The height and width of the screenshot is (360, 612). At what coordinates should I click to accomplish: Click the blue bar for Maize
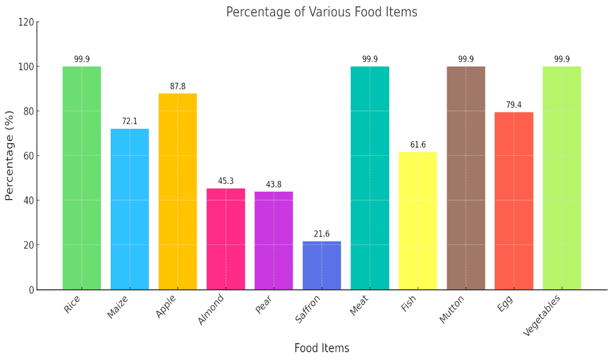click(x=130, y=209)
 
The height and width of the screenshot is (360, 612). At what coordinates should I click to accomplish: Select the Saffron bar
click(x=322, y=265)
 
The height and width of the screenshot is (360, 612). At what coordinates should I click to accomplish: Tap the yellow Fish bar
click(x=418, y=221)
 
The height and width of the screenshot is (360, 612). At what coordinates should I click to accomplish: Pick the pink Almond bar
click(x=226, y=239)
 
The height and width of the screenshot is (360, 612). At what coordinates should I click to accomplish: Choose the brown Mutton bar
click(x=465, y=178)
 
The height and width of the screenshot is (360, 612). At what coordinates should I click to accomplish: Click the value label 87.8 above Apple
click(x=178, y=87)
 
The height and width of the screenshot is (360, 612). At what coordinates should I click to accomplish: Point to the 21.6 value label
click(x=322, y=234)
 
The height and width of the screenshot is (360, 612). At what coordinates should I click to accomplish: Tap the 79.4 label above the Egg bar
click(x=513, y=104)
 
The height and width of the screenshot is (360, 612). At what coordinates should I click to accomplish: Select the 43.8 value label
click(x=273, y=184)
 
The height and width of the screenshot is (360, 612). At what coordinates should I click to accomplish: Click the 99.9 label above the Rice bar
click(x=81, y=59)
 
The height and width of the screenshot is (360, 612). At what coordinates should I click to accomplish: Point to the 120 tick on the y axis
click(x=26, y=22)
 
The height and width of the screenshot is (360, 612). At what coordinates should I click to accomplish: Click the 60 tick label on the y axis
click(x=29, y=156)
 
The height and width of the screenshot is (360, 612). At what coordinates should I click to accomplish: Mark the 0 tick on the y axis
click(x=32, y=290)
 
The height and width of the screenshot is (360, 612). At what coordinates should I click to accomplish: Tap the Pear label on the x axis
click(x=264, y=305)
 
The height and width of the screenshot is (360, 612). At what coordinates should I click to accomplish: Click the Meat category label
click(x=359, y=305)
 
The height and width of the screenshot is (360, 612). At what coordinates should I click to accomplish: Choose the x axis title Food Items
click(x=322, y=348)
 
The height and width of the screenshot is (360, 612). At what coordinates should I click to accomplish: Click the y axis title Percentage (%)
click(x=9, y=156)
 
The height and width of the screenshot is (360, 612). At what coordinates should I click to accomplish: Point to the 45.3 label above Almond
click(x=226, y=181)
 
